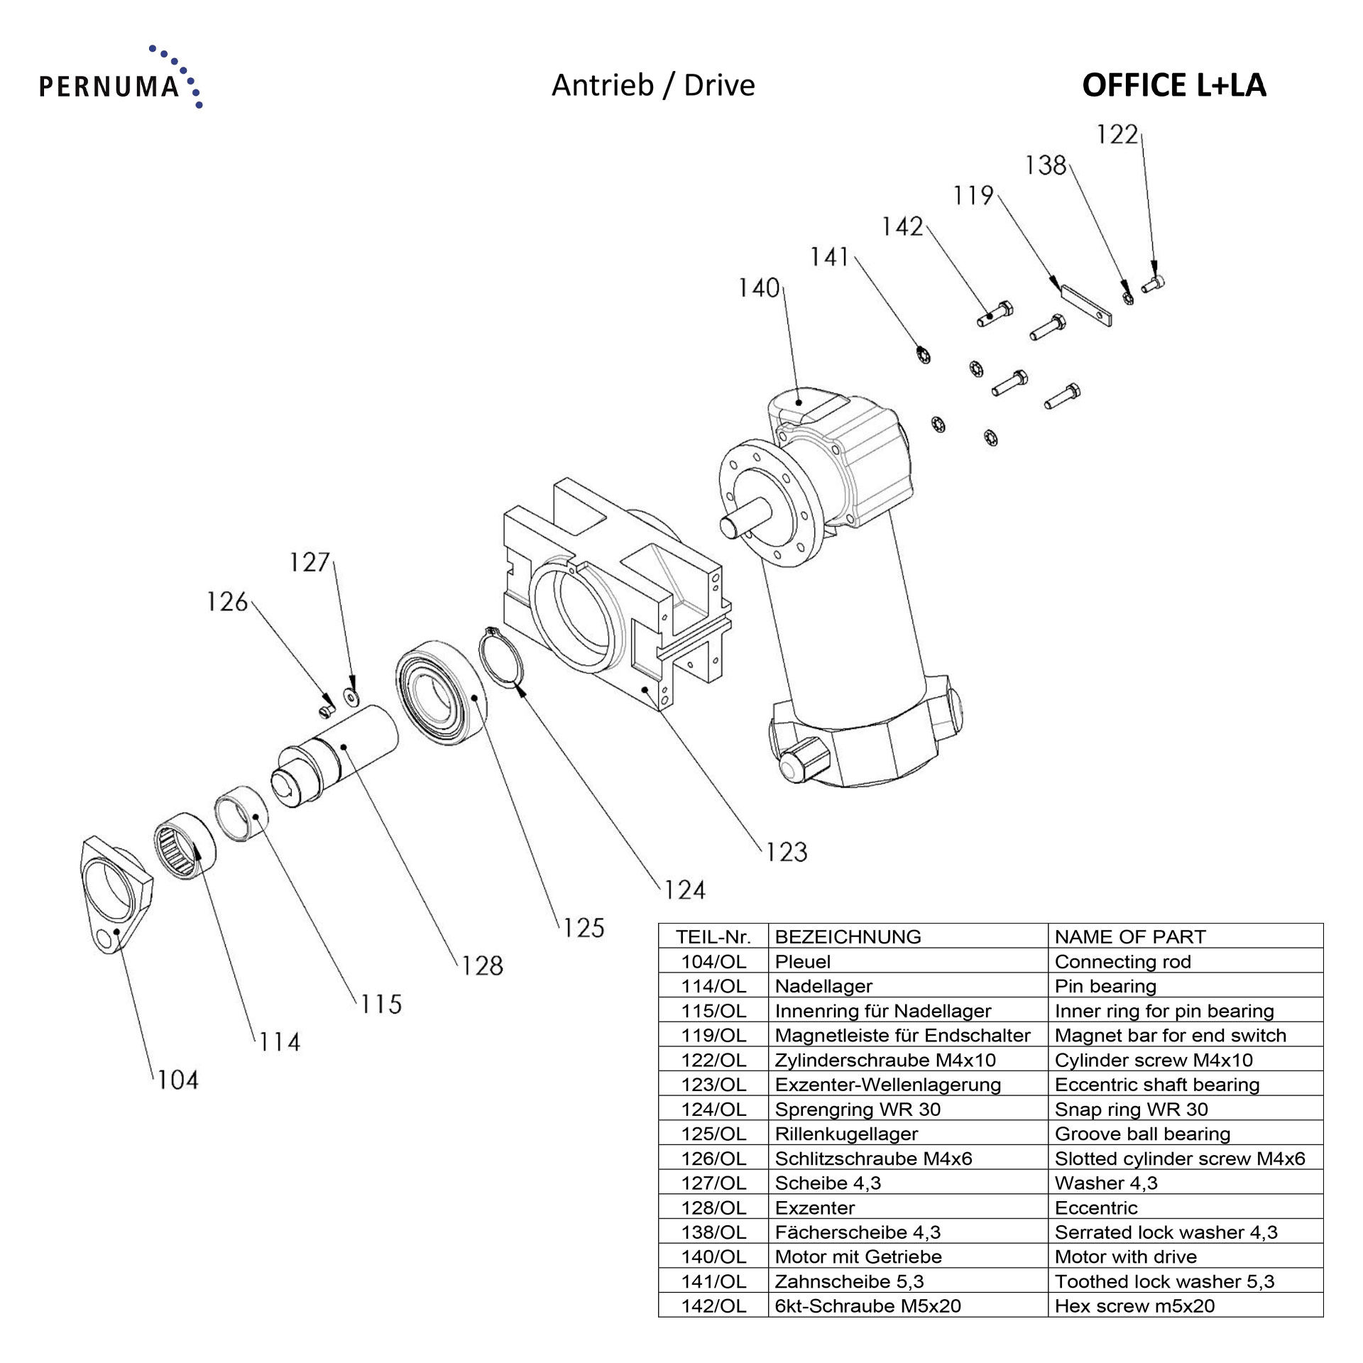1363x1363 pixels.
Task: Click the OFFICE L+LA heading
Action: point(1173,85)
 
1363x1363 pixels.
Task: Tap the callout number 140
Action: point(759,288)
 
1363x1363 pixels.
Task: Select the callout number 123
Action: point(787,852)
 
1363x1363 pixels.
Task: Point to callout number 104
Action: point(177,1080)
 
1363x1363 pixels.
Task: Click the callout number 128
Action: point(482,965)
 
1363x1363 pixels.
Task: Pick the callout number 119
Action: point(973,195)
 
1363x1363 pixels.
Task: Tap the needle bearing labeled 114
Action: point(185,846)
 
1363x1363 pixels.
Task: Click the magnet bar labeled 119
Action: point(1085,305)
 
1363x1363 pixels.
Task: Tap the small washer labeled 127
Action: point(351,697)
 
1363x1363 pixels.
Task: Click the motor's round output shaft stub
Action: point(742,521)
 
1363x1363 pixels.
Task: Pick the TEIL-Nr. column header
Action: point(713,936)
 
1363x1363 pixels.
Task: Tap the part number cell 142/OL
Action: point(713,1305)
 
